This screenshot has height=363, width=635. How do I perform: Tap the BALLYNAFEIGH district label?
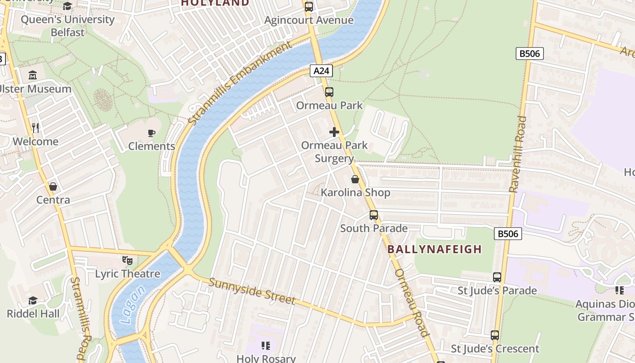tap(435, 249)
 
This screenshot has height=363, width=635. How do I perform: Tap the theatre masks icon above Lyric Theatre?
tap(127, 260)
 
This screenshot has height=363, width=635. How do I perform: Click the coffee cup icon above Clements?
tap(151, 133)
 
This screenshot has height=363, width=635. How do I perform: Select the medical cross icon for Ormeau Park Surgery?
tap(334, 132)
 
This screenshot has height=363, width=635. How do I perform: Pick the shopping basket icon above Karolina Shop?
tap(355, 179)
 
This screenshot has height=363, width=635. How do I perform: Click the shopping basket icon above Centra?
tap(53, 186)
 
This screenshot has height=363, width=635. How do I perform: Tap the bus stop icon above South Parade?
tap(374, 215)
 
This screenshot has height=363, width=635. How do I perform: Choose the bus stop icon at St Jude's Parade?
tap(497, 277)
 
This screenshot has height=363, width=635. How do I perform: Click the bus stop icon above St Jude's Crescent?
tap(495, 335)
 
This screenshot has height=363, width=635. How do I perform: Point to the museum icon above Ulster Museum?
tap(33, 75)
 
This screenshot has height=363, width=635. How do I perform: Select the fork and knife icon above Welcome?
tap(36, 128)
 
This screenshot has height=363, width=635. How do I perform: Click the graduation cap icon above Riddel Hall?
tap(33, 300)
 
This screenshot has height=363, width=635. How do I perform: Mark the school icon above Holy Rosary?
tap(266, 346)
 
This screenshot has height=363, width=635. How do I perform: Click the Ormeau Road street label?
tap(412, 303)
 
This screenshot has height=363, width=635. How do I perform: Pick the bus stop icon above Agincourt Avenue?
tap(309, 7)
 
